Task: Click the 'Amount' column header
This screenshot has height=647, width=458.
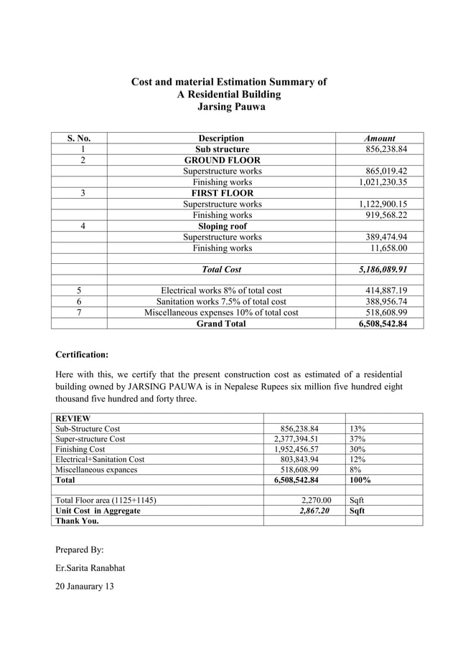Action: [x=380, y=138]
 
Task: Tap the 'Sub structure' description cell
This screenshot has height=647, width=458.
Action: [x=222, y=149]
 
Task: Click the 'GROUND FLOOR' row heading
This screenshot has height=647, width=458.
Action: [x=222, y=160]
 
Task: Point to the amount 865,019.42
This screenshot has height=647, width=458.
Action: [x=385, y=171]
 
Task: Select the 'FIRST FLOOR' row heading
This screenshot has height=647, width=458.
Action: [x=222, y=193]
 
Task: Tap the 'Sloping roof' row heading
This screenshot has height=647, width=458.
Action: [x=222, y=226]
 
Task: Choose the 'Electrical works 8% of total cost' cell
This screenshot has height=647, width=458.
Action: [x=221, y=291]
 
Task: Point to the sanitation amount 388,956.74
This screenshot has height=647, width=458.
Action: [x=385, y=302]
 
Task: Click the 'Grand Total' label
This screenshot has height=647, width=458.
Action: [x=221, y=323]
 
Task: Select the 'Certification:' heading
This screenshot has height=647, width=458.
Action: [x=83, y=354]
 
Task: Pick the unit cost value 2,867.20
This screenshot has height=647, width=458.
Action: [x=309, y=511]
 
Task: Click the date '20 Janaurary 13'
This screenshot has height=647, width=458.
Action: [x=90, y=587]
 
